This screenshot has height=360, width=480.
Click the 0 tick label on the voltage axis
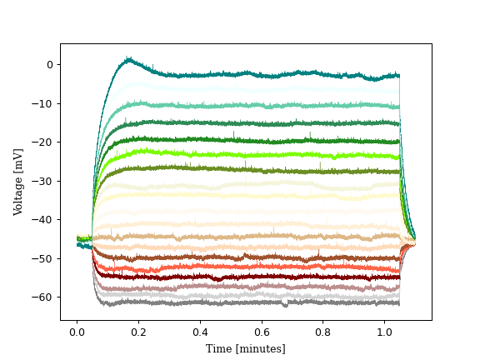point(49,65)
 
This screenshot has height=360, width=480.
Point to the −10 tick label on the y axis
point(45,103)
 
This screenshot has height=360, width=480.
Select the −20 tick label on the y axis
point(45,142)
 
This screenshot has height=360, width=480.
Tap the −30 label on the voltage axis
point(45,181)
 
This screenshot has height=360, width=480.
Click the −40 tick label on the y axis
point(45,220)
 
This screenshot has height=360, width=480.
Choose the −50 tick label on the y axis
point(45,258)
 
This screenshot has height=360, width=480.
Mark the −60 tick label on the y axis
point(45,297)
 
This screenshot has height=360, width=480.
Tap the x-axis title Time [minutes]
point(246,348)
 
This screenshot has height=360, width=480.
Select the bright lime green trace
point(250,154)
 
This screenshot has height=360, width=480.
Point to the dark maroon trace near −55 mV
point(250,277)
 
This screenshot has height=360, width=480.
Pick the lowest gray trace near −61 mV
point(250,302)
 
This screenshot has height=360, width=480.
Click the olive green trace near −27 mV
point(250,170)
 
